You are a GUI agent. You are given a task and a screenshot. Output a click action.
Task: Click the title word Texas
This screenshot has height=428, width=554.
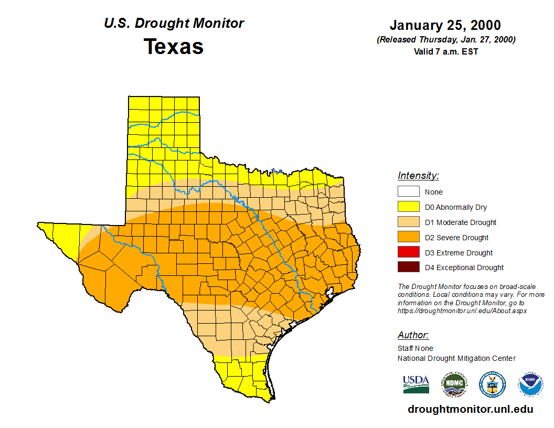click(x=174, y=47)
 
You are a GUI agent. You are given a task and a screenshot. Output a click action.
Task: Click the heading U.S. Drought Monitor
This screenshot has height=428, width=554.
click(x=174, y=24)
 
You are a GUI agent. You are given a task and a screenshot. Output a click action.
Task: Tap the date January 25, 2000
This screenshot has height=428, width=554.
click(x=445, y=25)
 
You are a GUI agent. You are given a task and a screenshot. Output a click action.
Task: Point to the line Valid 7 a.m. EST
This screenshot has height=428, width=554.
click(x=445, y=51)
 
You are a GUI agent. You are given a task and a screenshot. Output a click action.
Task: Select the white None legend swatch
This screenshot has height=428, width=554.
click(x=409, y=192)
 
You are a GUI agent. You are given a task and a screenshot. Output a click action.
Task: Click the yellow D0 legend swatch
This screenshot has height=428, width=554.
click(x=409, y=207)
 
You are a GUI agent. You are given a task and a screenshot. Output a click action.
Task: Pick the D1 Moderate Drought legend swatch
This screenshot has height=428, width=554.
click(x=409, y=222)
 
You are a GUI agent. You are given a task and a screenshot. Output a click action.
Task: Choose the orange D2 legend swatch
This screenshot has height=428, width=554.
click(x=409, y=238)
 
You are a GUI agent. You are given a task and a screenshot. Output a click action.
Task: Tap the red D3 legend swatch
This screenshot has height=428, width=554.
click(x=409, y=253)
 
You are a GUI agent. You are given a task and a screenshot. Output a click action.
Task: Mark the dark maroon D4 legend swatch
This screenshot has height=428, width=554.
click(x=409, y=267)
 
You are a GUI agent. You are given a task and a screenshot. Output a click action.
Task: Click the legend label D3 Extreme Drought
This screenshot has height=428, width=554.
click(x=459, y=253)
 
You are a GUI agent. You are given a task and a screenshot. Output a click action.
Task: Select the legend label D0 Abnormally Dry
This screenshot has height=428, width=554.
click(x=455, y=207)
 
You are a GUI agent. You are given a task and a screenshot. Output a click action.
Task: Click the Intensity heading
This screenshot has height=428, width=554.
click(x=418, y=176)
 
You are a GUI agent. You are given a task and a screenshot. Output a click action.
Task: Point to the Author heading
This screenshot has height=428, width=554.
click(x=413, y=335)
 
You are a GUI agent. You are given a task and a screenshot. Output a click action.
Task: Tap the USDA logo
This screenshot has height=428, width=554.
click(x=416, y=384)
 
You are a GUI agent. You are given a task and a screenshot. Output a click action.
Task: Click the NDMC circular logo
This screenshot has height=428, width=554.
click(x=454, y=384)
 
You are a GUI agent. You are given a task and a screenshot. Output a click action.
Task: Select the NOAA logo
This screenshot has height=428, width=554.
click(x=530, y=384)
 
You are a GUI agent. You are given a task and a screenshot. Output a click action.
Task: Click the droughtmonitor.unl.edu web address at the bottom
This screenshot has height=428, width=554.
click(x=470, y=410)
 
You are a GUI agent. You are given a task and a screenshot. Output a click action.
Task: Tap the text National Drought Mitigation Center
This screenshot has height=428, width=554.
click(x=456, y=358)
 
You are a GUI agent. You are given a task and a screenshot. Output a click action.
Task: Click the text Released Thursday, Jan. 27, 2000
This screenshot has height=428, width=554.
click(x=446, y=40)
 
